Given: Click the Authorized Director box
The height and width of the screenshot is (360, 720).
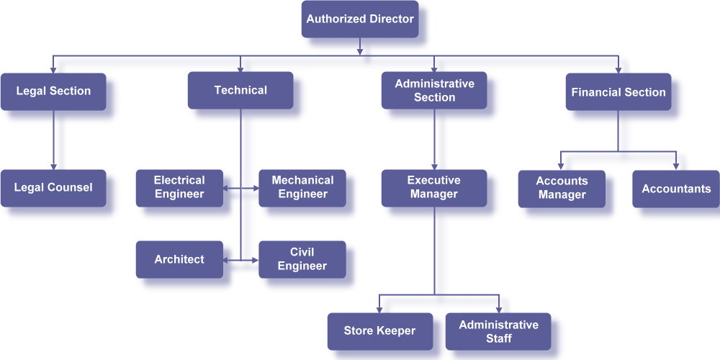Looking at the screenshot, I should click(x=359, y=19).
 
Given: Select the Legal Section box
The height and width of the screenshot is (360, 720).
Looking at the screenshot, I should click(x=53, y=91).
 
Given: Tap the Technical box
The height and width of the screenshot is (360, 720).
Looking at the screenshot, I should click(x=240, y=91).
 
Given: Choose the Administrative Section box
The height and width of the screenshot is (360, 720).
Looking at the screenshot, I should click(x=434, y=91).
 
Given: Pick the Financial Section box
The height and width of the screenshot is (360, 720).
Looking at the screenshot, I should click(x=618, y=92).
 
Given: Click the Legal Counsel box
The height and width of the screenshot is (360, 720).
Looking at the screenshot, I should click(x=53, y=188).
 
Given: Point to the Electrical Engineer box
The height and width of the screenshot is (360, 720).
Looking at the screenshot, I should click(x=179, y=188).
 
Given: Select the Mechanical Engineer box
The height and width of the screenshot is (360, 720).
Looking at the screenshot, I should click(x=302, y=188).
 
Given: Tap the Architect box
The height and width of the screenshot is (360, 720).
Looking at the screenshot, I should click(x=179, y=259).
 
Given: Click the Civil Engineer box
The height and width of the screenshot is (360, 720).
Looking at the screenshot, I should click(x=302, y=259).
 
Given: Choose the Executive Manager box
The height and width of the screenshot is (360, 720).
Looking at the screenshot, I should click(x=433, y=188).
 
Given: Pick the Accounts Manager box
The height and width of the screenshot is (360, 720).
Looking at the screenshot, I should click(x=562, y=189).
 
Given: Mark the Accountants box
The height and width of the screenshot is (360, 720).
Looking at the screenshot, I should click(x=675, y=189).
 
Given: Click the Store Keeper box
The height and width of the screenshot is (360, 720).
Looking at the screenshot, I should click(x=380, y=331).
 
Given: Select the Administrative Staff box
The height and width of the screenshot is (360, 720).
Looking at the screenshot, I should click(x=498, y=331).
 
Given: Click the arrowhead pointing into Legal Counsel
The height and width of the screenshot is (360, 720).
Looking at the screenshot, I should click(x=53, y=166).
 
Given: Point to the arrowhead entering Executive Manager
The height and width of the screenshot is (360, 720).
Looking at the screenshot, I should click(x=433, y=166).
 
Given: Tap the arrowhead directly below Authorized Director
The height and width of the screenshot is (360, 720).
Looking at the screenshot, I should click(x=359, y=51).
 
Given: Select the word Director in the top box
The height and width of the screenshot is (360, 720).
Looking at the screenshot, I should click(x=389, y=19).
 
